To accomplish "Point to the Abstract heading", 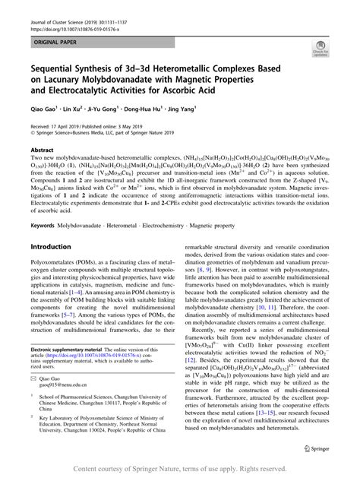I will pyautogui.click(x=41, y=150).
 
